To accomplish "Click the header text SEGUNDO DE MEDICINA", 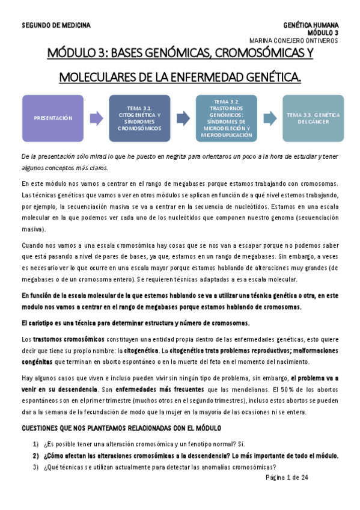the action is point(56,25).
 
